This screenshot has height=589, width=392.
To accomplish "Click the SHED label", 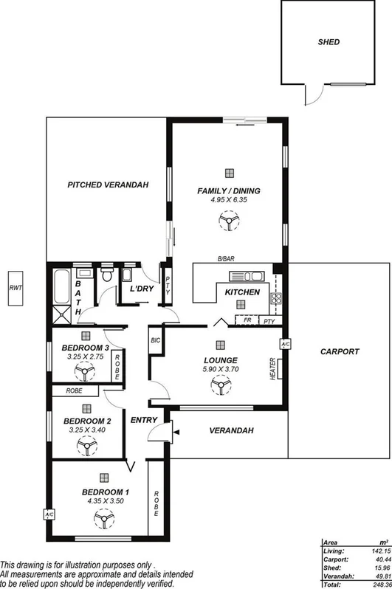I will (x=329, y=42).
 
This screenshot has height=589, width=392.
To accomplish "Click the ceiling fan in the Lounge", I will (x=219, y=385).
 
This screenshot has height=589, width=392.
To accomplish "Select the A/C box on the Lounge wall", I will (x=283, y=344).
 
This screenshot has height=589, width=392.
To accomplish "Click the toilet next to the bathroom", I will (x=108, y=278).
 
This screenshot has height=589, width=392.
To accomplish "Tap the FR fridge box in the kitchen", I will (x=248, y=321).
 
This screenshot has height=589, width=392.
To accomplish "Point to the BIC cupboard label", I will (x=155, y=340).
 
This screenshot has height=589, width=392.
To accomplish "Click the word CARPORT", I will (x=340, y=351).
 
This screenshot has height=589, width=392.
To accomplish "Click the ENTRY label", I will (x=143, y=420).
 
